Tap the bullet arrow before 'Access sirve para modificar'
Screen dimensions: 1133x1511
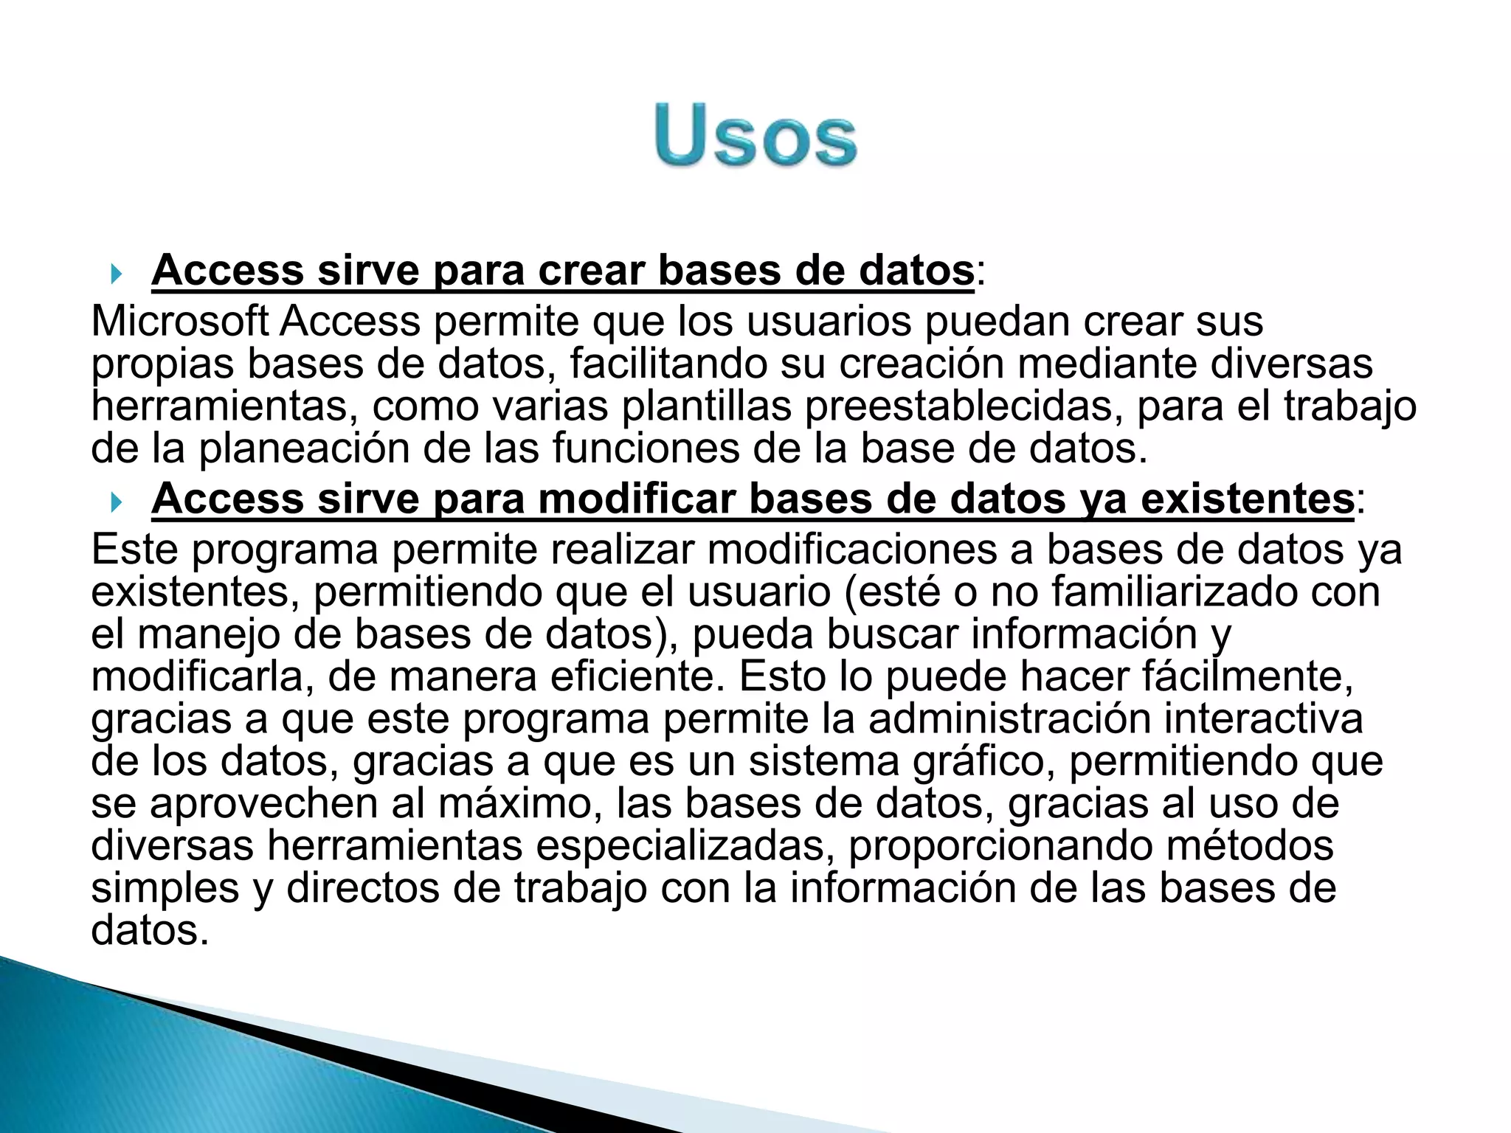(x=115, y=503)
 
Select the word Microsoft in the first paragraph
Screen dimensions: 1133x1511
(x=179, y=322)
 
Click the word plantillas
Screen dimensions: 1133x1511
(x=708, y=406)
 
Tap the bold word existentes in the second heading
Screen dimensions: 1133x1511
(x=1247, y=499)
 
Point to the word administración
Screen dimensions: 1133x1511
(x=1009, y=719)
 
